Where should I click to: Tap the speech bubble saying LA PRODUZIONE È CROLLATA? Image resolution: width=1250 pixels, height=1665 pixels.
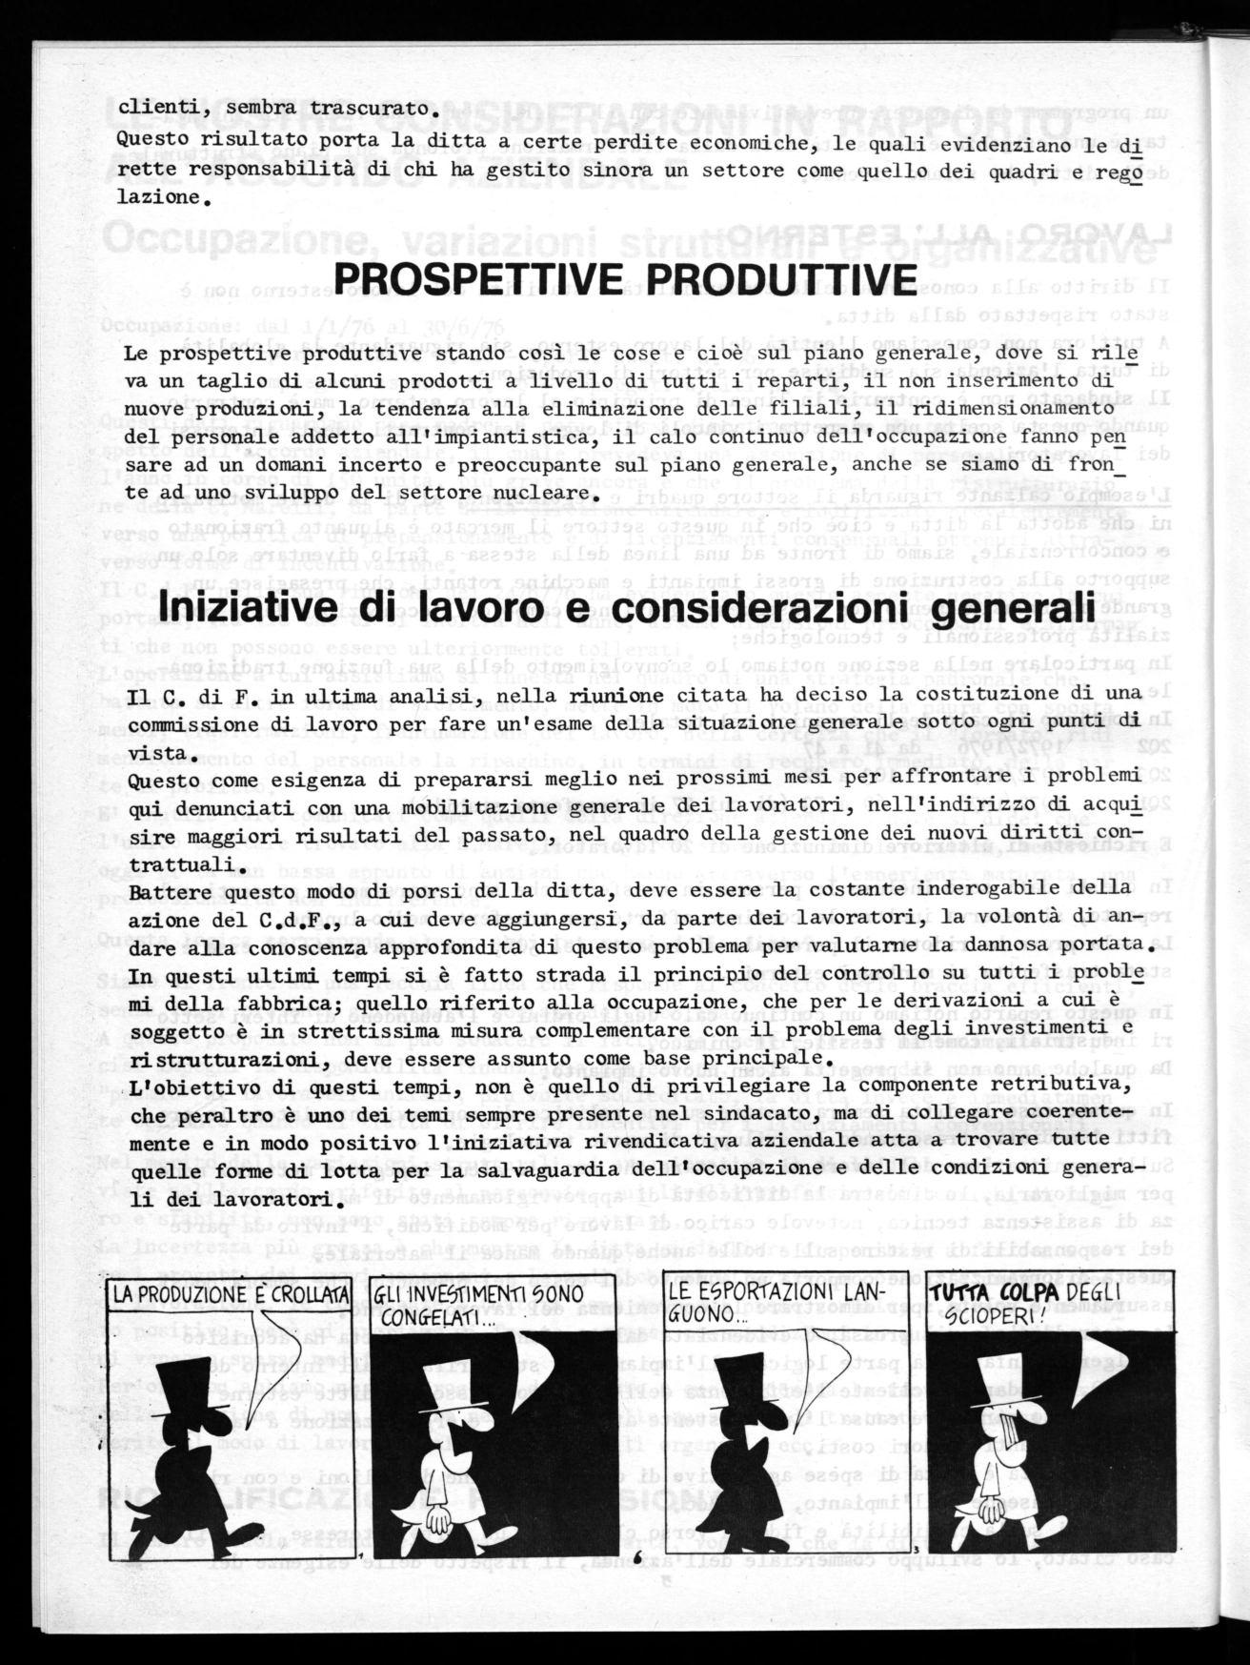[x=228, y=1294]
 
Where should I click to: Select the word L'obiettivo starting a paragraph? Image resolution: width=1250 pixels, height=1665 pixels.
[x=182, y=1086]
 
